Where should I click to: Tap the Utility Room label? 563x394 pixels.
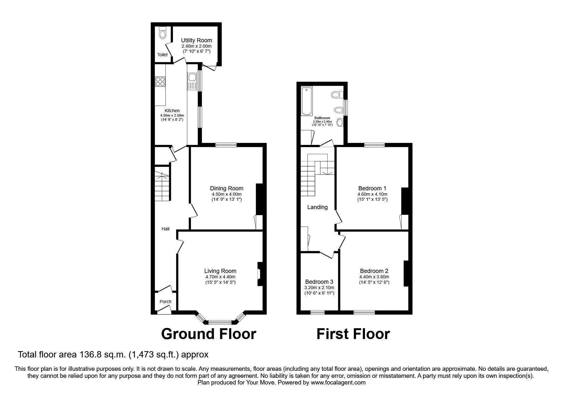click(x=196, y=40)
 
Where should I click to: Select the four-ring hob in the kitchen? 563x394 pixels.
click(x=160, y=82)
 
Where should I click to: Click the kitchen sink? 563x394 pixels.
click(x=192, y=78)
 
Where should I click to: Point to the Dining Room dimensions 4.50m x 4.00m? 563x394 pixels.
click(x=226, y=194)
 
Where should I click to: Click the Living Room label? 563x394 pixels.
click(x=220, y=271)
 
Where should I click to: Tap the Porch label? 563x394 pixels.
click(x=165, y=302)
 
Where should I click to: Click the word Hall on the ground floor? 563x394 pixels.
click(x=165, y=229)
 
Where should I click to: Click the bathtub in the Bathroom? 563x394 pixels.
click(x=307, y=101)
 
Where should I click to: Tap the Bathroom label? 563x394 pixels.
click(x=322, y=118)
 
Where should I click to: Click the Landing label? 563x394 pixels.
click(x=317, y=207)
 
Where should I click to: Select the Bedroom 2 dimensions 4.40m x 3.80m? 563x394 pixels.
click(x=374, y=277)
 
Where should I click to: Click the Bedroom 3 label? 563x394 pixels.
click(x=319, y=282)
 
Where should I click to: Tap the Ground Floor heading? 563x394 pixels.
click(x=209, y=334)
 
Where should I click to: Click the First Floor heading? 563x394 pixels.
click(x=353, y=334)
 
